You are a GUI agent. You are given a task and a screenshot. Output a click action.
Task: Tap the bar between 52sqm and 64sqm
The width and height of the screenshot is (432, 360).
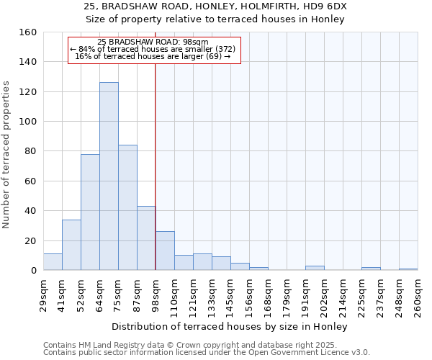(x=90, y=212)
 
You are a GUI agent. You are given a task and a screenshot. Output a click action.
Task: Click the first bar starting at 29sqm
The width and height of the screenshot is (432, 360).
(x=53, y=262)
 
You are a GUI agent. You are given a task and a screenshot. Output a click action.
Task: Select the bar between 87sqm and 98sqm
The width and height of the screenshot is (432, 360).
(x=146, y=238)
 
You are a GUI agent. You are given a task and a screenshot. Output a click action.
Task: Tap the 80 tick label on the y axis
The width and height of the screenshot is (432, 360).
(x=30, y=151)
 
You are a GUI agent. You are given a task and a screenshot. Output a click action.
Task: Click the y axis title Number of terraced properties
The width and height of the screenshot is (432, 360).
(x=7, y=155)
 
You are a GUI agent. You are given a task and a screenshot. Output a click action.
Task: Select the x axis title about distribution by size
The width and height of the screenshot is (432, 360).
(x=230, y=327)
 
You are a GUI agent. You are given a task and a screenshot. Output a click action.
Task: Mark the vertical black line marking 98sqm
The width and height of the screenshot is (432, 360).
(x=156, y=166)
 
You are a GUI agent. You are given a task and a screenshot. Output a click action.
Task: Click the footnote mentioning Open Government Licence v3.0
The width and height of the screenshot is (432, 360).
(x=207, y=353)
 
